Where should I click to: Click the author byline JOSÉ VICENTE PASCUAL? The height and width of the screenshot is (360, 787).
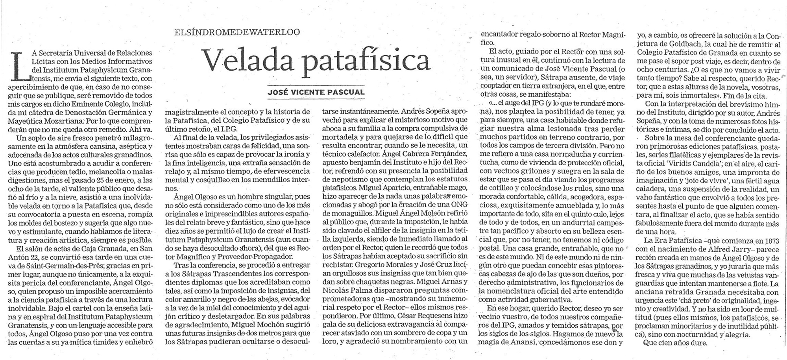(x=316, y=92)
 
